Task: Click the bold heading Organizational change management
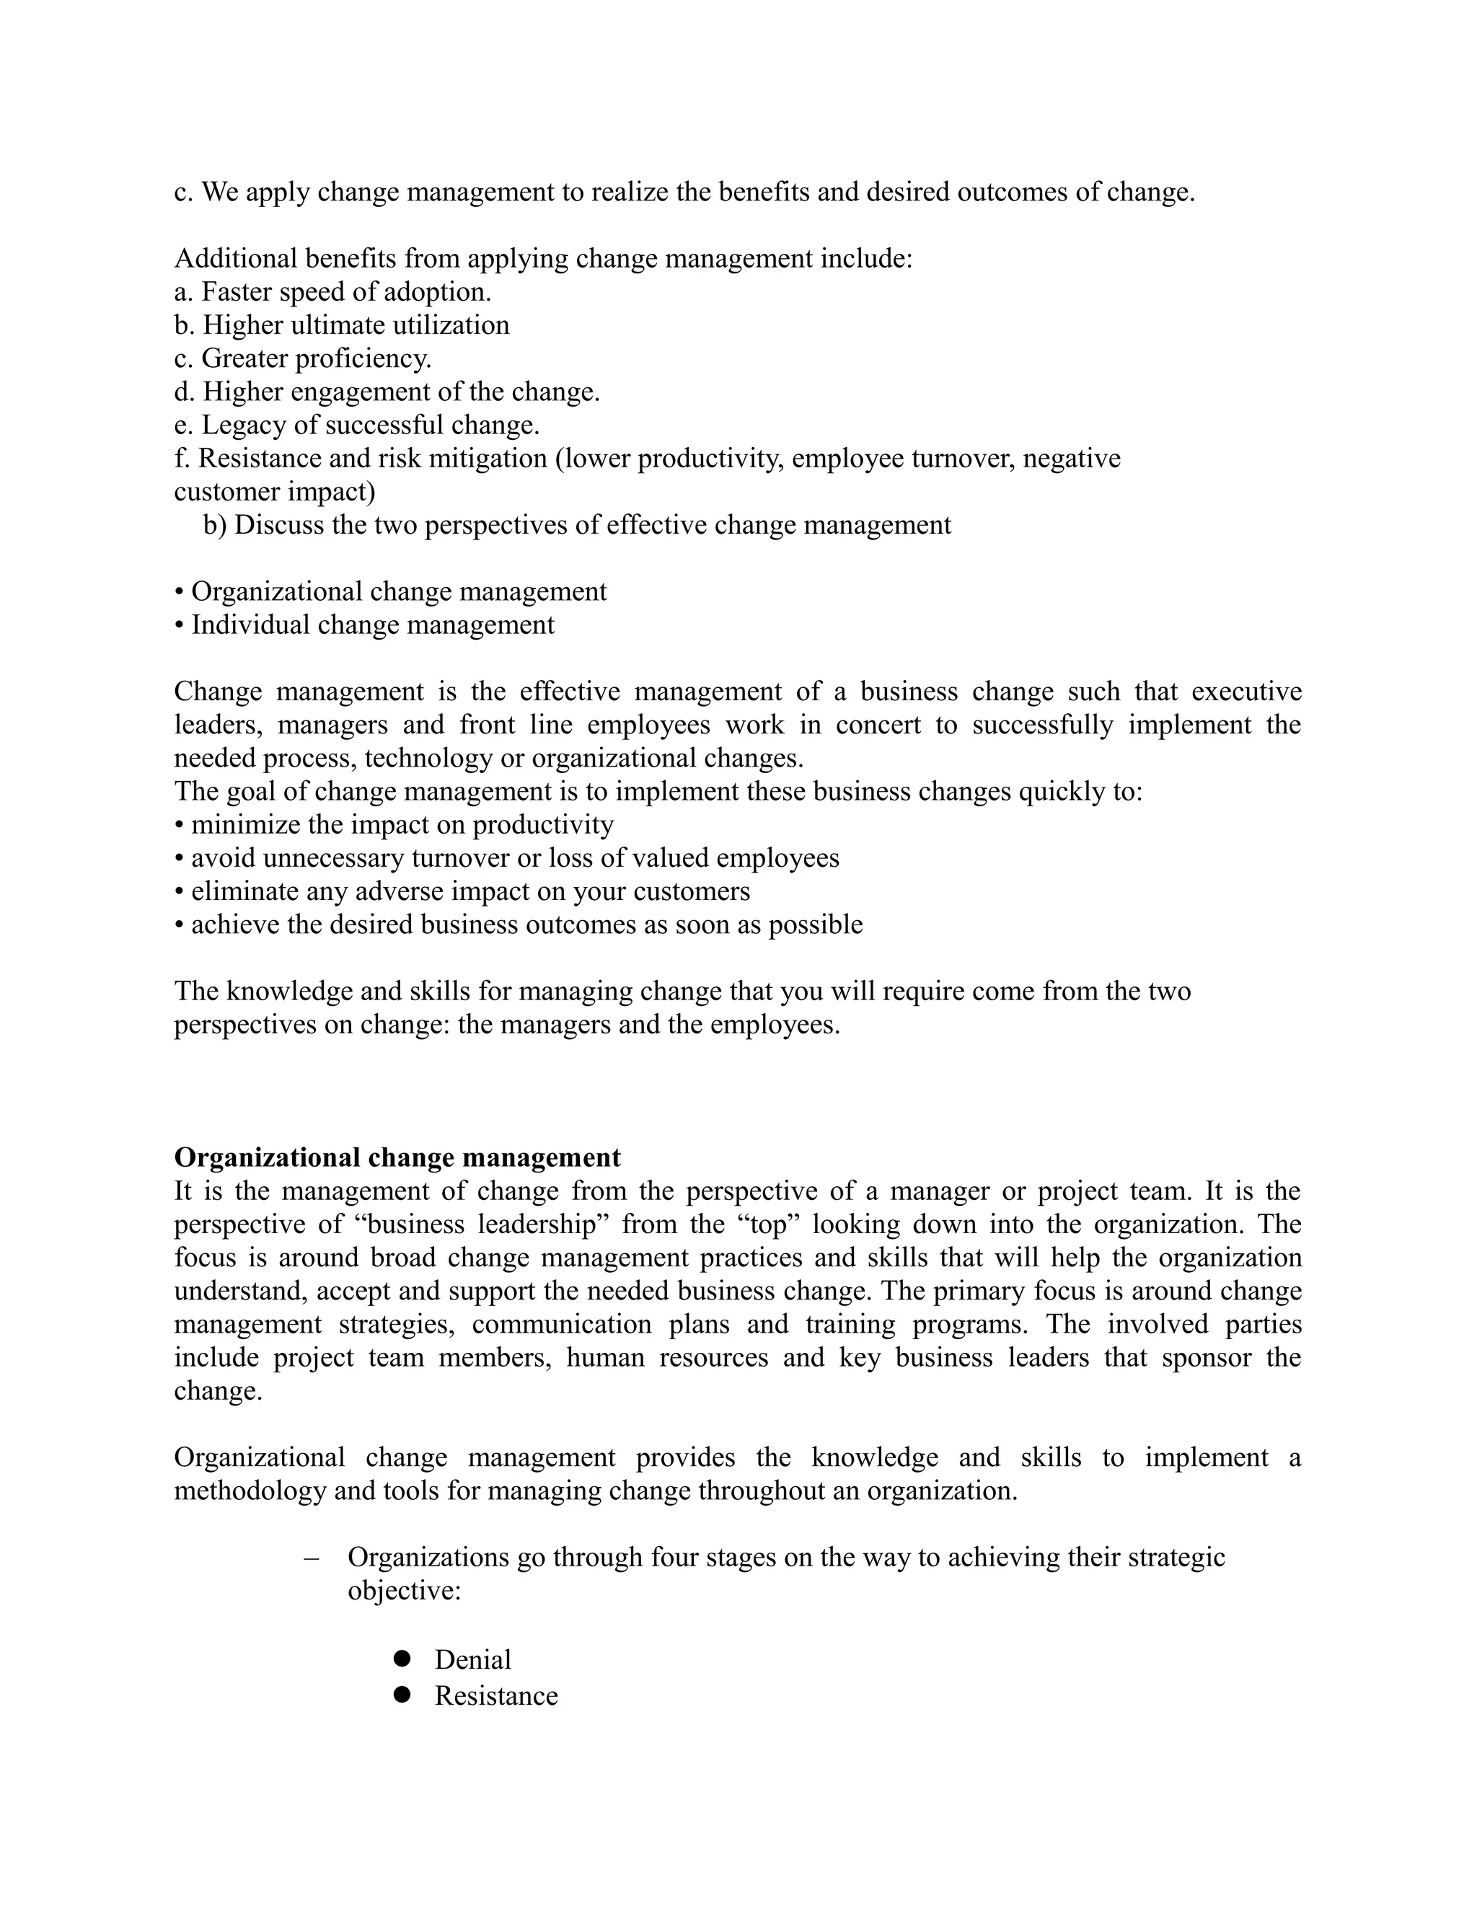(397, 1157)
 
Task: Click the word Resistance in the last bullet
(496, 1696)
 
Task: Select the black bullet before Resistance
(402, 1695)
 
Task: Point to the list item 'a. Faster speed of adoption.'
(332, 291)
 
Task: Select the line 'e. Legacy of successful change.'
(356, 425)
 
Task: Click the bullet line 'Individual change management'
(364, 625)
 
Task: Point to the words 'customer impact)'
(274, 492)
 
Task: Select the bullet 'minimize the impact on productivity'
(394, 824)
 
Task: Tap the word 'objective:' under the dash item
(403, 1590)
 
